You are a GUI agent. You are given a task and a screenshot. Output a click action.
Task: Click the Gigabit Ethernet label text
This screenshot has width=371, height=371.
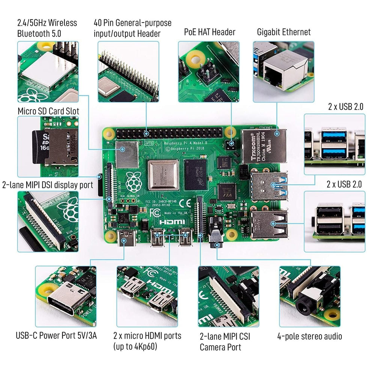284,32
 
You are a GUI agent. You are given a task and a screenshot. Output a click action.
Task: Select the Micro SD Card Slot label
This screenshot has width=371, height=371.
48,111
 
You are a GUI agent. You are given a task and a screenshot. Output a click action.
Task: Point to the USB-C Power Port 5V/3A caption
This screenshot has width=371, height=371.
56,335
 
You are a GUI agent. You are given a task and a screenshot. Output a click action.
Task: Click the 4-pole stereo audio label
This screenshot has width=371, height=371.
310,336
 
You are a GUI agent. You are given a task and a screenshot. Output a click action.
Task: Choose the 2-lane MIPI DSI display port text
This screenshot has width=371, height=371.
47,185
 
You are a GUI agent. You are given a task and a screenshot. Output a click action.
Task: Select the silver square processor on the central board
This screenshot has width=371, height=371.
163,175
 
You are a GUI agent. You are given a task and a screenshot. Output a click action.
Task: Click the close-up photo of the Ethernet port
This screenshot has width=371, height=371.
283,72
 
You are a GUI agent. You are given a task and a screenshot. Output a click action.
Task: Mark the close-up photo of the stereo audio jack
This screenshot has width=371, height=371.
310,296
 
